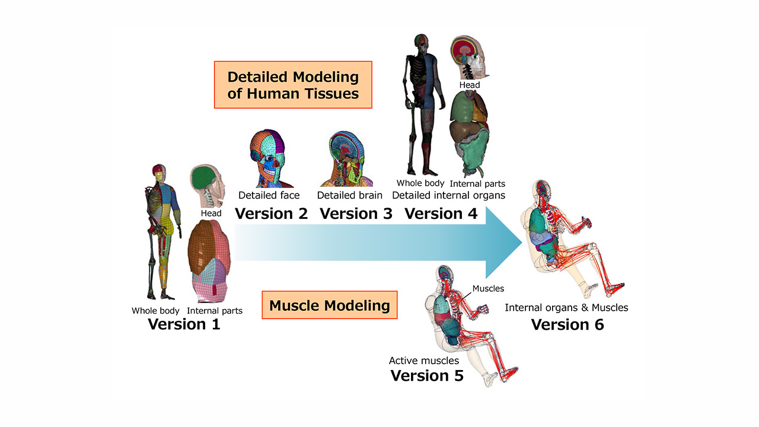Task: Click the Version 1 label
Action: [184, 324]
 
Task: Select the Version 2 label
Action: [271, 213]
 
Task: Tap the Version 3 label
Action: [356, 213]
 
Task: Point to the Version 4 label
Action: [441, 213]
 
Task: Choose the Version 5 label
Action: [427, 375]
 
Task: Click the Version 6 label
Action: [567, 324]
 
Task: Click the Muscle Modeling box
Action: [329, 305]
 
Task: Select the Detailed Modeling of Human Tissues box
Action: [293, 85]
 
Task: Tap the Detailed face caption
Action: [269, 195]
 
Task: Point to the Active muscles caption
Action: [424, 360]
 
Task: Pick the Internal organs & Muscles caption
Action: [566, 307]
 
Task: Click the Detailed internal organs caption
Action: [448, 195]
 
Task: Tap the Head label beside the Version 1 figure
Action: [211, 213]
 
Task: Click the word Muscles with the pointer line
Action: [488, 289]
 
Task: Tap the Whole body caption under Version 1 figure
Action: [155, 311]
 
